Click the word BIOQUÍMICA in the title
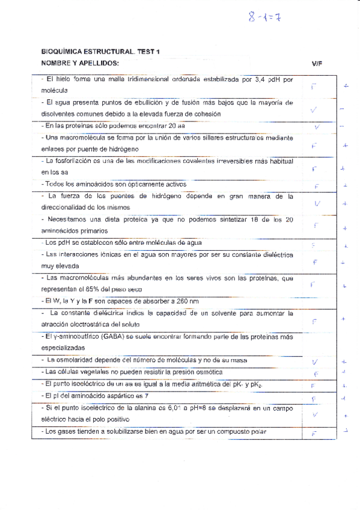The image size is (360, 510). pyautogui.click(x=61, y=53)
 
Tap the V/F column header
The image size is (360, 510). pyautogui.click(x=317, y=63)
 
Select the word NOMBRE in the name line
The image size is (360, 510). pyautogui.click(x=55, y=63)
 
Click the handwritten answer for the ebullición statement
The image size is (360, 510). pyautogui.click(x=313, y=109)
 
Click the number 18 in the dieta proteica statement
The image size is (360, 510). pyautogui.click(x=261, y=220)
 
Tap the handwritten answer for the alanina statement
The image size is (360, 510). pyautogui.click(x=314, y=414)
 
